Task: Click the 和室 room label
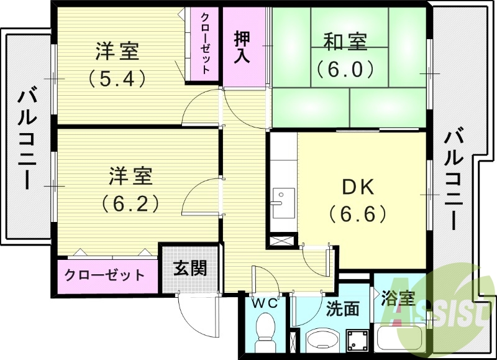(x=345, y=42)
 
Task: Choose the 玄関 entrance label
(x=189, y=269)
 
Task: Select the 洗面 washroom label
(x=342, y=308)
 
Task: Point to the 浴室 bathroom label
(x=398, y=298)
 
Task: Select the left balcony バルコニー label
(x=25, y=140)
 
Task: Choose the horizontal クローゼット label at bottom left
(x=104, y=275)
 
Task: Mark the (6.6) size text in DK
(x=358, y=214)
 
